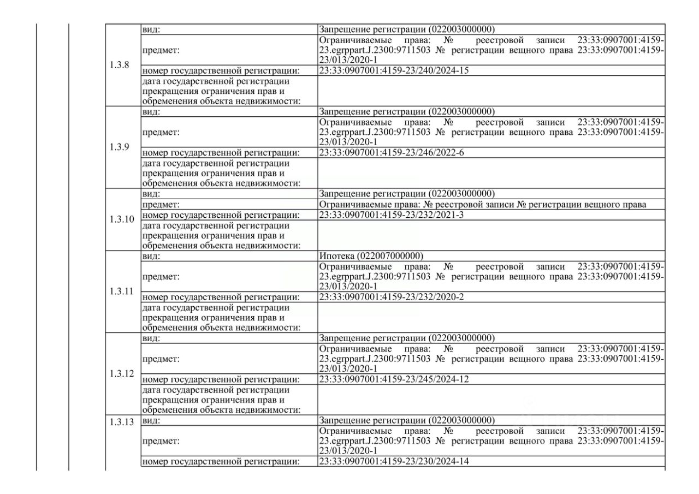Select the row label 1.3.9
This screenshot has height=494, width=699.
click(120, 148)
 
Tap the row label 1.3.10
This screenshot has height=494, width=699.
click(122, 219)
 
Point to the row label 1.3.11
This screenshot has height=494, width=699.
click(121, 291)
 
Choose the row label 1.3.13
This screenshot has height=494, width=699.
click(121, 421)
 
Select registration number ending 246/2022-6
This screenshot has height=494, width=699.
click(391, 153)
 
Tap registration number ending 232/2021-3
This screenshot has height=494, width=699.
click(391, 215)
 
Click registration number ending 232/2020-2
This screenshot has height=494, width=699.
click(391, 297)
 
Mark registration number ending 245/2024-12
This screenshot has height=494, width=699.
click(394, 379)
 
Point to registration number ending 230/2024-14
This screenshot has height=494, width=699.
click(394, 462)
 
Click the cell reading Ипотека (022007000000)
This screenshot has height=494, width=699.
click(371, 256)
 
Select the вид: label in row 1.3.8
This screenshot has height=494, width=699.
click(151, 29)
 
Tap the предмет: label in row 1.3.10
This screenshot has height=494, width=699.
click(161, 205)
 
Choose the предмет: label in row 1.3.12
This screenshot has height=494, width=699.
click(161, 359)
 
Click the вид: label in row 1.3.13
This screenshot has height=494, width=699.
click(151, 420)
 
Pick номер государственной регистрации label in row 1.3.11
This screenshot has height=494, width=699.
click(221, 297)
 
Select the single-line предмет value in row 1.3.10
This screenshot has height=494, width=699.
click(483, 205)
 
